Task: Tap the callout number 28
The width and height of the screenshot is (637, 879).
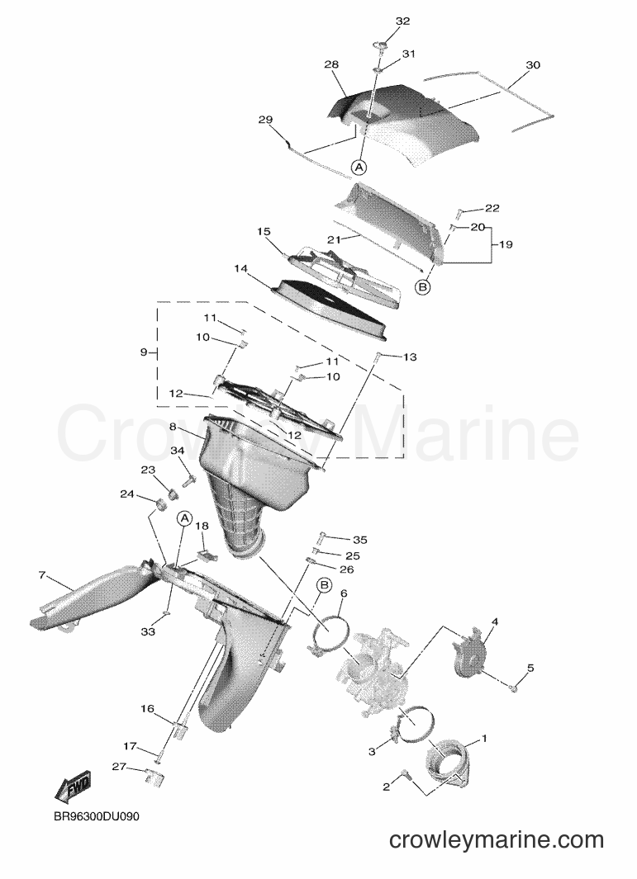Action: [331, 64]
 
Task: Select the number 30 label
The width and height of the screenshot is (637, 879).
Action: [533, 65]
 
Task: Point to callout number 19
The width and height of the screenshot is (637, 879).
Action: [506, 244]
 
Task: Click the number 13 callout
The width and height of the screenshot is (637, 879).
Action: [410, 357]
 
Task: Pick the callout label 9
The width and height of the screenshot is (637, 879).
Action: [144, 352]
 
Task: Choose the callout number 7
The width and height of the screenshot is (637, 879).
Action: [41, 575]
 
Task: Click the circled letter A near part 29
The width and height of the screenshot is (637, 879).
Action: [359, 167]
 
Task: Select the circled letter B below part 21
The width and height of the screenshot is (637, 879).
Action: [423, 287]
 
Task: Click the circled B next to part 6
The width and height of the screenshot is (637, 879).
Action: [324, 585]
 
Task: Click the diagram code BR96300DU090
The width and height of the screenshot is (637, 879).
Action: [97, 816]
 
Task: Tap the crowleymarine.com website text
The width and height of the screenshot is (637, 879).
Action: [496, 839]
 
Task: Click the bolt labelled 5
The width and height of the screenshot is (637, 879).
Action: [513, 688]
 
